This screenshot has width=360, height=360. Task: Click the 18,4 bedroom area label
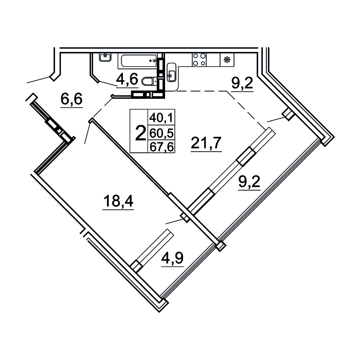118,202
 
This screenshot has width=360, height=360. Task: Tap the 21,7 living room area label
206,143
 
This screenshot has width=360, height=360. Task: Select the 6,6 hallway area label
71,99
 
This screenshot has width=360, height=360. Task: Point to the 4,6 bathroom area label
127,79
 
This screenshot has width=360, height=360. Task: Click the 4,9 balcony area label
172,258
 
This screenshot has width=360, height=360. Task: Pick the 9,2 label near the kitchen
242,83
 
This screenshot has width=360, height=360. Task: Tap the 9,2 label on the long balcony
249,182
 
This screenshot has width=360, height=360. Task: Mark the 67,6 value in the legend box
161,147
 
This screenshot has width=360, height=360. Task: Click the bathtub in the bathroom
137,61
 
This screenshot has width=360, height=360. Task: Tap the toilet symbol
149,81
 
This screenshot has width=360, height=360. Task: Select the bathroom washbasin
105,57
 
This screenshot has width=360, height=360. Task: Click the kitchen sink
171,72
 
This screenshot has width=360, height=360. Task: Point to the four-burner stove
199,60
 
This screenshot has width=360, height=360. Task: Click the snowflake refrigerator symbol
227,60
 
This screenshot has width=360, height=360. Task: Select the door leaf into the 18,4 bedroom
88,132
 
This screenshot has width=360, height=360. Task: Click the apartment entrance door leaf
39,79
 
